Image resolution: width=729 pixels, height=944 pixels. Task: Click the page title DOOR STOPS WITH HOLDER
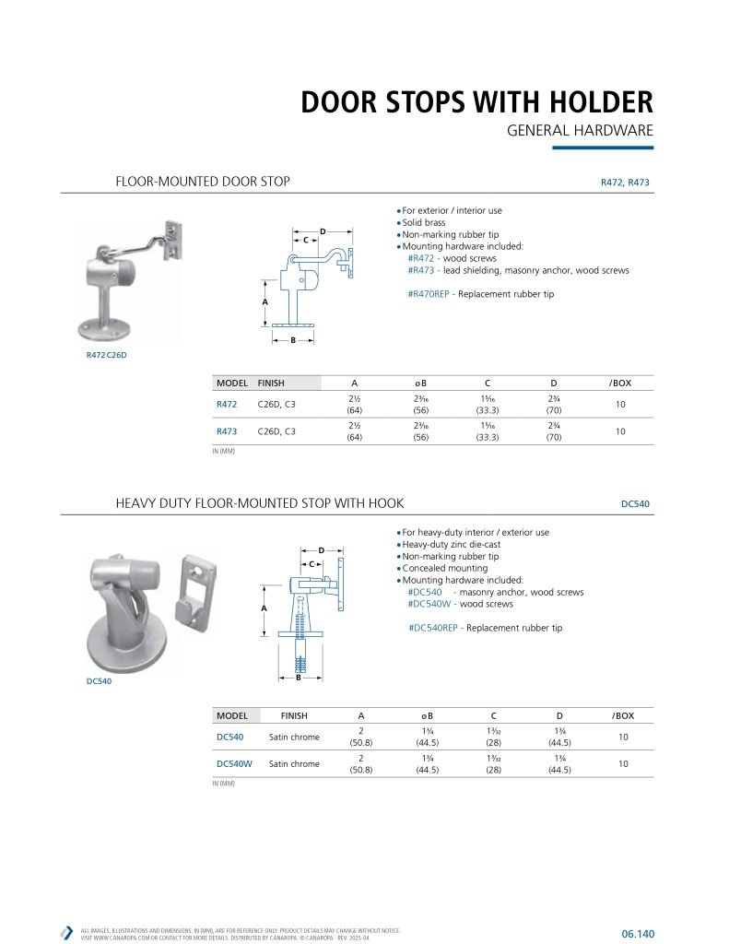[x=476, y=102]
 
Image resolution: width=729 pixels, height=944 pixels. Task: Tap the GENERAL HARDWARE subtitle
[x=580, y=131]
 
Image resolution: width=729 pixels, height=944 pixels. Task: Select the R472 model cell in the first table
[x=227, y=404]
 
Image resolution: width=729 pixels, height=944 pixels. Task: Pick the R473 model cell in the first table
[x=227, y=431]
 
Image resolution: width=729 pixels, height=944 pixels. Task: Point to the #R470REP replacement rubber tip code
[x=429, y=294]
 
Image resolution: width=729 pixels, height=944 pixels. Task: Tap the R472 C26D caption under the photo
[x=106, y=356]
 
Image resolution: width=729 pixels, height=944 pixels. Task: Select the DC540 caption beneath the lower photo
[x=98, y=681]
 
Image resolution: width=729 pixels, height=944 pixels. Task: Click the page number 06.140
[x=638, y=934]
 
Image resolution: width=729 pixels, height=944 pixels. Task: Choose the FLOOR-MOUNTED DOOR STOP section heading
[x=202, y=182]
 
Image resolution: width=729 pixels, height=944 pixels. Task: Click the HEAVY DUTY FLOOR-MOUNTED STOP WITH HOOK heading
[x=259, y=503]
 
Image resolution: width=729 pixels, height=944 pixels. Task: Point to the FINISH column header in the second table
[x=288, y=715]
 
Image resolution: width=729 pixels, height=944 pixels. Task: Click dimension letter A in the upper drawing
[x=265, y=302]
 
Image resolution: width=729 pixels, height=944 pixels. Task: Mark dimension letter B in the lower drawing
[x=299, y=678]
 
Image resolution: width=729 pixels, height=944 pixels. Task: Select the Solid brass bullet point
[x=426, y=223]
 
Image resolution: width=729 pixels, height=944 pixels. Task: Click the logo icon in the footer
[x=66, y=932]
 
